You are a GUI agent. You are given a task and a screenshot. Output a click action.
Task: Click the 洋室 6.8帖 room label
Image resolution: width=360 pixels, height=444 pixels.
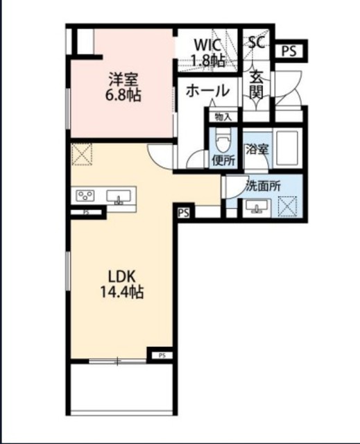point(123,87)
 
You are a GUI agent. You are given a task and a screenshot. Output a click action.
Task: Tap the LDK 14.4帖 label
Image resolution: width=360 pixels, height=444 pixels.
point(122,284)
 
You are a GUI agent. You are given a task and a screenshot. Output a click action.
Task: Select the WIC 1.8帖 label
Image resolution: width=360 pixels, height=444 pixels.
point(208,52)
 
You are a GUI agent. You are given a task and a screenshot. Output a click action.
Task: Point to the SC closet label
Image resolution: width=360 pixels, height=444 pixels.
point(257,42)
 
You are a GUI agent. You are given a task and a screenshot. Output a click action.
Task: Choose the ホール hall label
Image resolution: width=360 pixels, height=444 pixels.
point(207,91)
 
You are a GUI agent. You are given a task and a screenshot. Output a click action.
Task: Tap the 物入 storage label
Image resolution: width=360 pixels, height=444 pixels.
point(223,117)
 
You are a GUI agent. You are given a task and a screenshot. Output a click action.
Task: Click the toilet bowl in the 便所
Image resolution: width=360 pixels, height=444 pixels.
point(223,141)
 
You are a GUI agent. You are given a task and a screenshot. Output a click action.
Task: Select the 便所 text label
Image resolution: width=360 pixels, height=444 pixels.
point(223,161)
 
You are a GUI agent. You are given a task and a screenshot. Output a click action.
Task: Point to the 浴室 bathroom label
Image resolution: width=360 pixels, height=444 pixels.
point(257,150)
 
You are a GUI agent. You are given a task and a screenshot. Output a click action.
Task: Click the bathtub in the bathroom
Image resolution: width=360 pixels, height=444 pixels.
point(287,148)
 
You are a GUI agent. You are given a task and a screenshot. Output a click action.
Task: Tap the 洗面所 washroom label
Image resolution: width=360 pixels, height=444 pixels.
point(263,186)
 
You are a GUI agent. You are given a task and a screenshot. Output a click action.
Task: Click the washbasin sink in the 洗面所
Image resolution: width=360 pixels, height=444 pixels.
point(257,207)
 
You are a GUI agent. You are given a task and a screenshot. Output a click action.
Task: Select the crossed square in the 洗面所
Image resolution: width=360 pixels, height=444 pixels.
point(287,207)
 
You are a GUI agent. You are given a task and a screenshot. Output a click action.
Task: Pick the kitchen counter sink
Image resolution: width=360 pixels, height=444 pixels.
point(119,196)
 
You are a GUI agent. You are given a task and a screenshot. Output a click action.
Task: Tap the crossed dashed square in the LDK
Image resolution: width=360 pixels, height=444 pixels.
point(82,154)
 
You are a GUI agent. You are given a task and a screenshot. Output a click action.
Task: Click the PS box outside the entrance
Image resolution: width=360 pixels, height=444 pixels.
point(289,51)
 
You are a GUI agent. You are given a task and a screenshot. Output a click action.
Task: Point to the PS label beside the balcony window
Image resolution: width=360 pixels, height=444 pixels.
point(162,356)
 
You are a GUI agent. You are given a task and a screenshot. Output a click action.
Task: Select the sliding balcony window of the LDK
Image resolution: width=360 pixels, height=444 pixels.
point(117,361)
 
